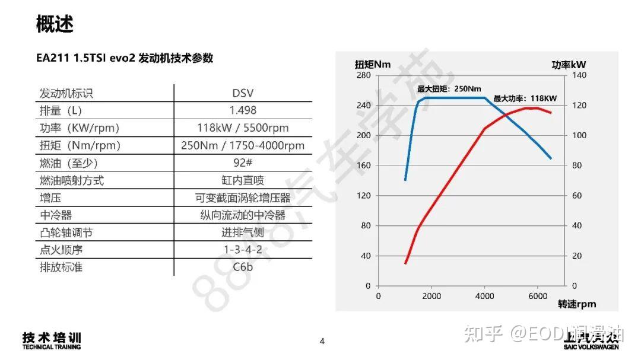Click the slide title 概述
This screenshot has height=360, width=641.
tap(55, 25)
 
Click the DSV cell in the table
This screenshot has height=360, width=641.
tap(243, 93)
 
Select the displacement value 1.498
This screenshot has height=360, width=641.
tap(243, 110)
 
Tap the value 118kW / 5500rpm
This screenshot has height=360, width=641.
tap(243, 128)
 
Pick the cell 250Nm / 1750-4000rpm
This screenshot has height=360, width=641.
tap(243, 145)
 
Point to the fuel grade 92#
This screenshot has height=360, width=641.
tap(243, 163)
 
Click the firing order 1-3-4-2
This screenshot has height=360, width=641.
tap(243, 250)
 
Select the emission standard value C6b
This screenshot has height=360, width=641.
tap(243, 267)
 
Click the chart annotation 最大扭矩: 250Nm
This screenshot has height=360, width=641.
tap(449, 89)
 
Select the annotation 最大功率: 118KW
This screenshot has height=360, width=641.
tap(525, 98)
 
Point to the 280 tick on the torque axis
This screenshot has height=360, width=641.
tap(363, 75)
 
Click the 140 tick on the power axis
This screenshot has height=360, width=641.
tap(579, 75)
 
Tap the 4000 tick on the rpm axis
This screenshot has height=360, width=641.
tap(485, 296)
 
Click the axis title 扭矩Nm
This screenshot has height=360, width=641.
tap(373, 65)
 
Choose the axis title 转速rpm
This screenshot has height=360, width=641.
tap(577, 304)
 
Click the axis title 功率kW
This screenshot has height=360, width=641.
tap(569, 65)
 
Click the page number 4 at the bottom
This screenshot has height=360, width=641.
tap(322, 341)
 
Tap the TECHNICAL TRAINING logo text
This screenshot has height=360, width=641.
tap(52, 347)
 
